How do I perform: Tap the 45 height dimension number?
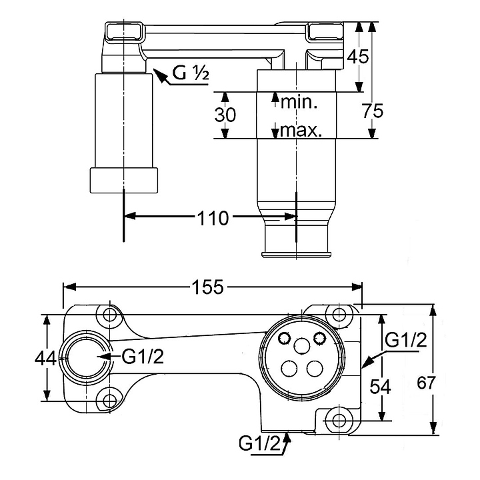tap(359, 56)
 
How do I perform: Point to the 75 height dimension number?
tap(373, 111)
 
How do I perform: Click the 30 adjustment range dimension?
tap(225, 114)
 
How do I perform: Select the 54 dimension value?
tap(379, 385)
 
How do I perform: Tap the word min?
tap(299, 102)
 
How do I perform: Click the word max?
tap(301, 130)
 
